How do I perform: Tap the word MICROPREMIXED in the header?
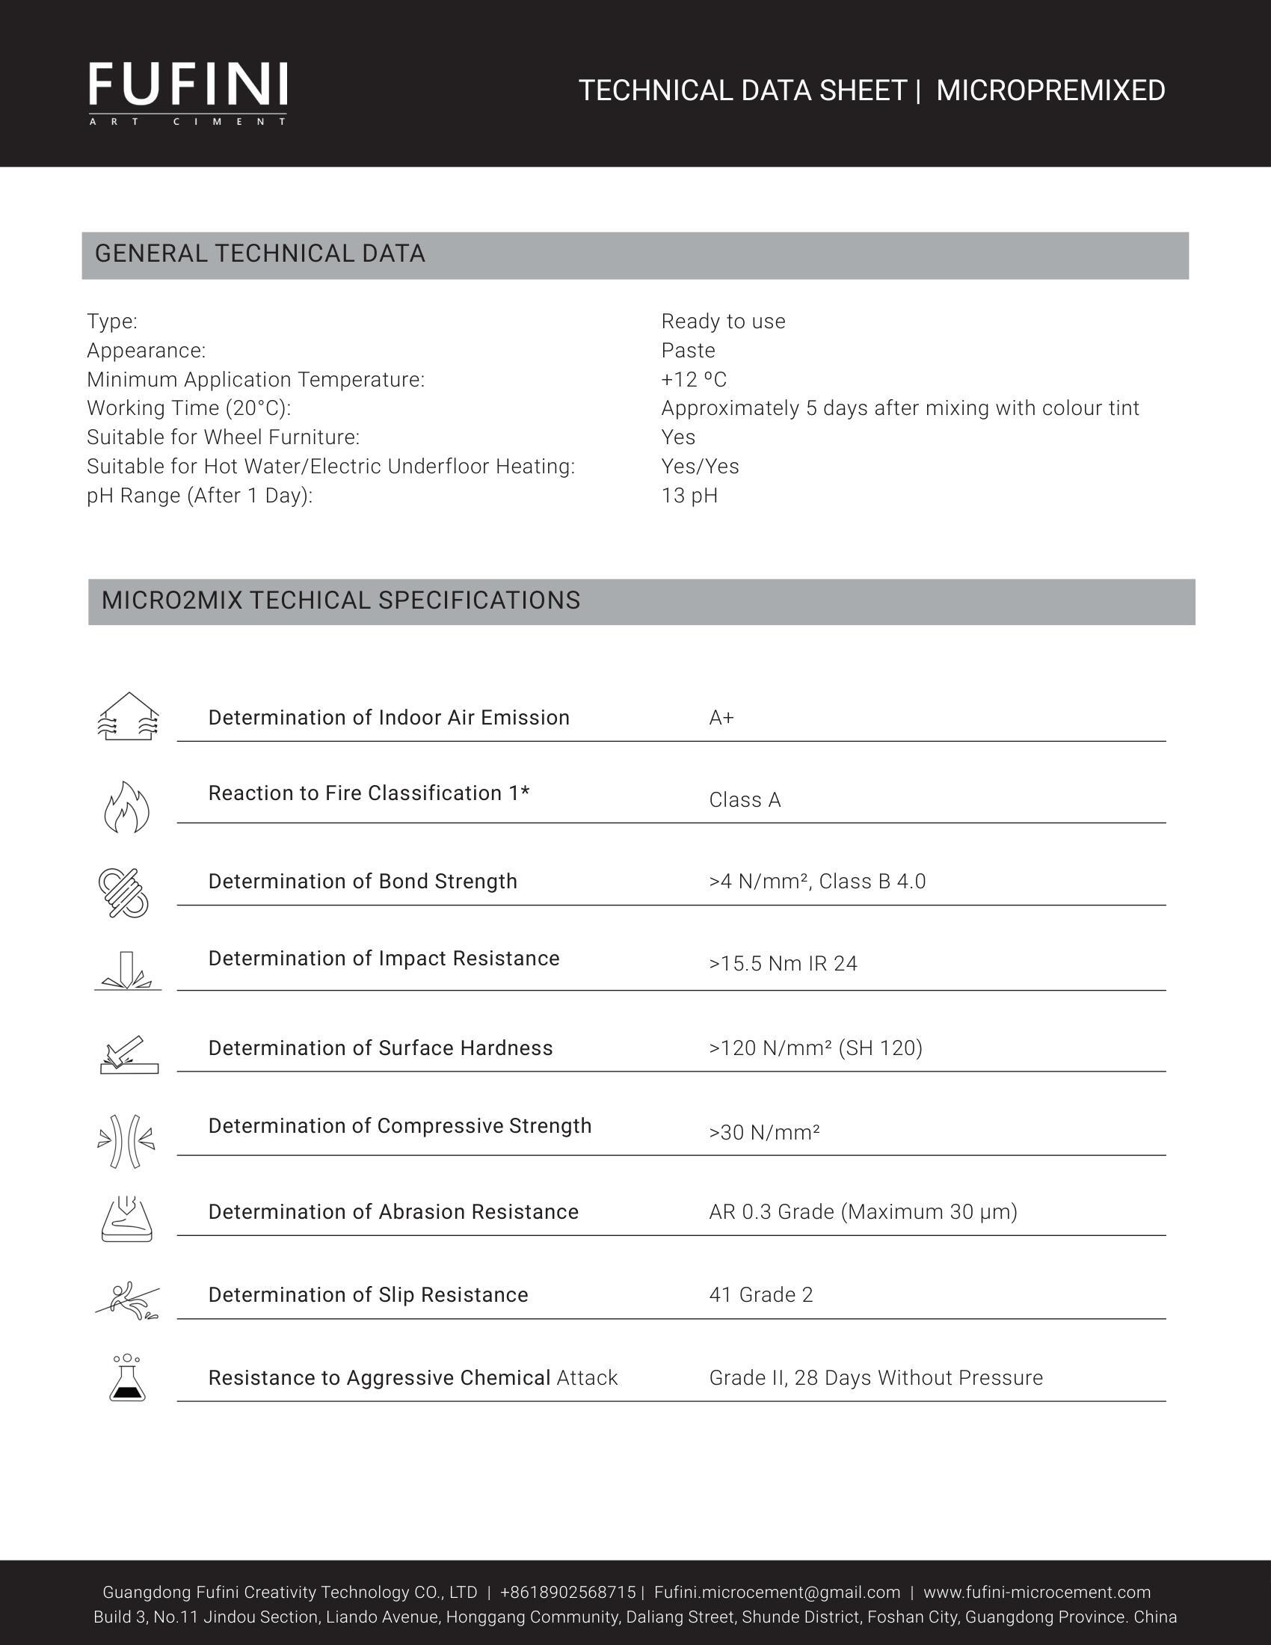point(1050,91)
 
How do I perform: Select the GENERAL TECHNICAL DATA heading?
point(259,253)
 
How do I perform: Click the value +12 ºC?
point(694,380)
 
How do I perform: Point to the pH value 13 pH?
point(689,496)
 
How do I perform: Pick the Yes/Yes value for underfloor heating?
point(700,467)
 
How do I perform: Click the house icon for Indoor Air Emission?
point(128,716)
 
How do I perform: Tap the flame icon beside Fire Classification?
point(126,807)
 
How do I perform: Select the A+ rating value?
point(721,718)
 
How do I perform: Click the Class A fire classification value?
point(745,800)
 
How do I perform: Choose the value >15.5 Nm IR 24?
point(782,964)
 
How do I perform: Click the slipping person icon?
point(127,1301)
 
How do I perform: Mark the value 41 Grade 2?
point(760,1295)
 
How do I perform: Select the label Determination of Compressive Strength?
point(400,1126)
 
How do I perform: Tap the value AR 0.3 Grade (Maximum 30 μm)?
point(863,1212)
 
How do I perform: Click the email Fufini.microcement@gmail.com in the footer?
point(776,1592)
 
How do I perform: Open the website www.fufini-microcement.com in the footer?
point(1037,1592)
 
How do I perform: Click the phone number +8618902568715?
point(567,1592)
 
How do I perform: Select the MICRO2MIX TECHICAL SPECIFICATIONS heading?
point(340,600)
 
